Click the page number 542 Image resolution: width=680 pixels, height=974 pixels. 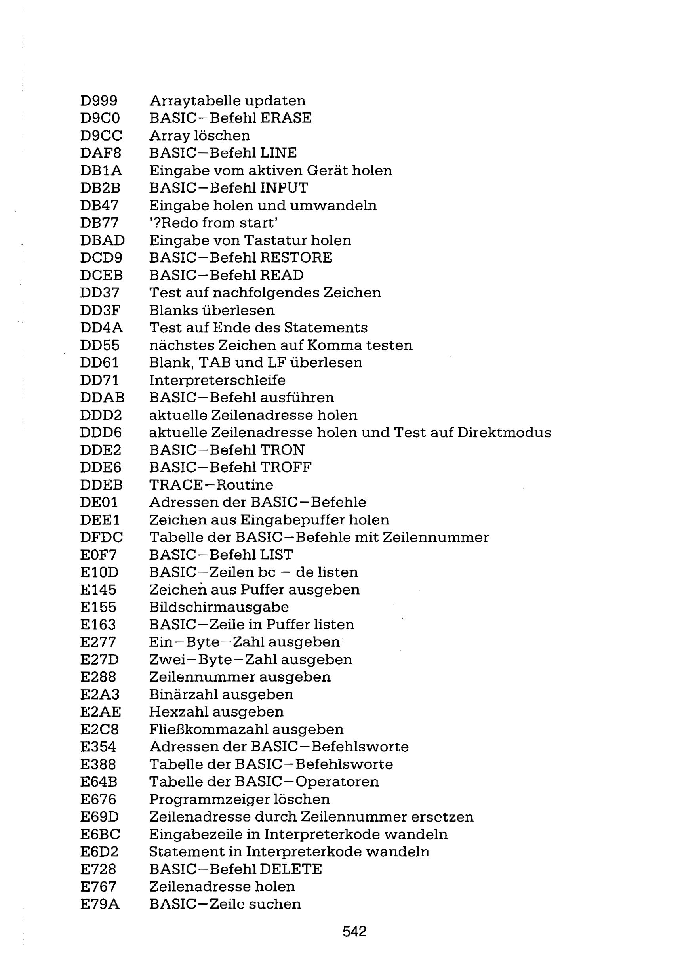tap(354, 931)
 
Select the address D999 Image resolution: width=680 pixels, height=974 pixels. tap(99, 101)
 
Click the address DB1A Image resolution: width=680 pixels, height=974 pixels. tap(101, 171)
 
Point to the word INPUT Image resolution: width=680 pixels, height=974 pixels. tap(284, 188)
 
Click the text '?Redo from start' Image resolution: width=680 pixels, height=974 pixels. tap(213, 223)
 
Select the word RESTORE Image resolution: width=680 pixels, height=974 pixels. tap(296, 257)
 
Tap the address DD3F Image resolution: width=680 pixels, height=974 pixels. tap(101, 310)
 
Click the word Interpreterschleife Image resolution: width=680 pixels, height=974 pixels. tap(217, 380)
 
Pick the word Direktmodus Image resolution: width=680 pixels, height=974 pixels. tap(505, 432)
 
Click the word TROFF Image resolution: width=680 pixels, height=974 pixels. tap(286, 467)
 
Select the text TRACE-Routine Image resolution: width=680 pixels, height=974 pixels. tap(211, 485)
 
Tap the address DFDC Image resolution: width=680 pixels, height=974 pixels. tap(101, 538)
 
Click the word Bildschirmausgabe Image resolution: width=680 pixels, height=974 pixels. tap(219, 607)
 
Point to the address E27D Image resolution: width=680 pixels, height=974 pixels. tap(99, 659)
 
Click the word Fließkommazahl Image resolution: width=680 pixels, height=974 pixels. tap(208, 730)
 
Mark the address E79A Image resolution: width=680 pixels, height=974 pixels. tap(100, 904)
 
